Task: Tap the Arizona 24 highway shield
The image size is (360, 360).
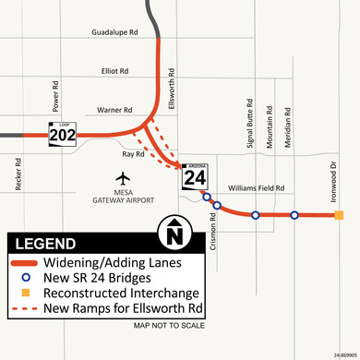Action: pos(196,174)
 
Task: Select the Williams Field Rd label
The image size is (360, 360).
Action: pos(256,187)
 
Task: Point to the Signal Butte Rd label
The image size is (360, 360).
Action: pos(250,126)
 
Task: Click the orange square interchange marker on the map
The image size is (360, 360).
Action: pos(339,216)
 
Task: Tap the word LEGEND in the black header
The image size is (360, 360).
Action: pos(46,244)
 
